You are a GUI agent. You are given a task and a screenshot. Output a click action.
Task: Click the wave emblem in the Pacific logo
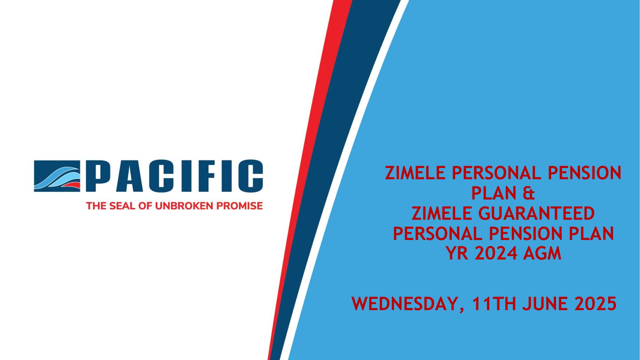tap(57, 176)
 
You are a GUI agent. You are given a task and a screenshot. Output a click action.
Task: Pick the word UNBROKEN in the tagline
tap(184, 206)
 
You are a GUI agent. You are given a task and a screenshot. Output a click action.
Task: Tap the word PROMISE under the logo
tap(240, 206)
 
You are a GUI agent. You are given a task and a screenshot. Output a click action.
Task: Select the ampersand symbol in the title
tap(529, 193)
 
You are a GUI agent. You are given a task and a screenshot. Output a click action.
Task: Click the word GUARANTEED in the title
tap(537, 213)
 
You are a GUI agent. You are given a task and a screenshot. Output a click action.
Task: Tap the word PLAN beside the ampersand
tap(494, 193)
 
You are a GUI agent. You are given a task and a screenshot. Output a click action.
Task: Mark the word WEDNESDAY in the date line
tap(404, 304)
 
